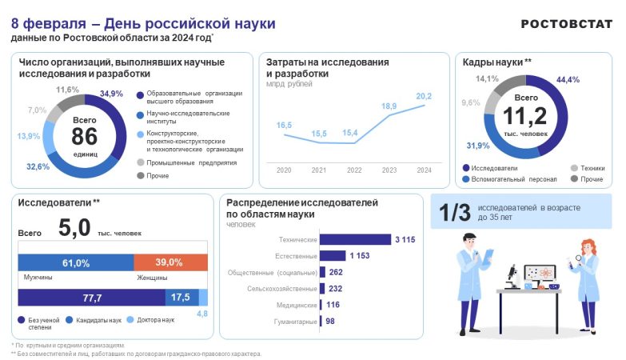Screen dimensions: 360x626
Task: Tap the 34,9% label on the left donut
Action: (x=112, y=94)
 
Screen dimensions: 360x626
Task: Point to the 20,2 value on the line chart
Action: (x=424, y=96)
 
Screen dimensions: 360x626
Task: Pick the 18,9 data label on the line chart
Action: (x=389, y=106)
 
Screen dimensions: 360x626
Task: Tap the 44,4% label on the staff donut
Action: (x=568, y=80)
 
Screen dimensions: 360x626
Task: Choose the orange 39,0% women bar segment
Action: (x=170, y=262)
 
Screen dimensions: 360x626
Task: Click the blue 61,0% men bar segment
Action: (x=76, y=262)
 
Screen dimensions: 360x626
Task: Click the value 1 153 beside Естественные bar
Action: (x=360, y=256)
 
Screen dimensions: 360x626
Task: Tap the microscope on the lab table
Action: (x=512, y=274)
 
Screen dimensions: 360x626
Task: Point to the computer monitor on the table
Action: (x=540, y=275)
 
